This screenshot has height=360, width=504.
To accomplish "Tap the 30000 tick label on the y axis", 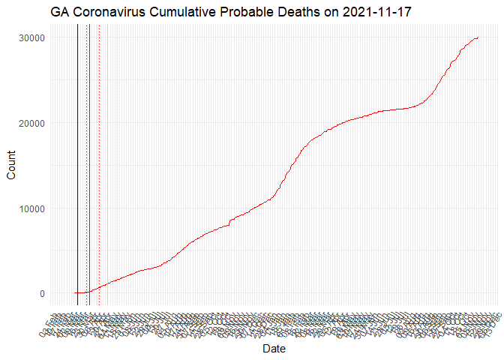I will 31,38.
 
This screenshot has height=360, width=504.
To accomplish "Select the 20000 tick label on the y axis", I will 31,123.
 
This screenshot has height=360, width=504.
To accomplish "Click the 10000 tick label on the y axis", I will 31,208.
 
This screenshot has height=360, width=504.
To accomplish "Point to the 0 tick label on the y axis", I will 42,293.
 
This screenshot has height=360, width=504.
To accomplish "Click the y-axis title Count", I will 10,165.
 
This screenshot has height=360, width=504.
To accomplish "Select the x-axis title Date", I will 274,349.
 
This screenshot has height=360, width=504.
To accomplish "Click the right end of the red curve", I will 478,37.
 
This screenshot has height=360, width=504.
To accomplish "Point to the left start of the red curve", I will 74,293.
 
